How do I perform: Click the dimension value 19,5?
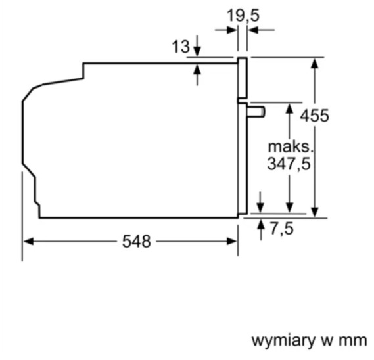click(243, 16)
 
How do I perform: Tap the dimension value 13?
click(181, 46)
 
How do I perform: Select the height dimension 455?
click(314, 116)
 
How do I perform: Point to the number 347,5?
click(289, 164)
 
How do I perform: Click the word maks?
click(290, 147)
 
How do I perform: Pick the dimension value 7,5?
click(282, 229)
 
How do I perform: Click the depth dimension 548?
click(137, 241)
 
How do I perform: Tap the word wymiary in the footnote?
click(283, 340)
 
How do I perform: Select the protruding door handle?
click(256, 112)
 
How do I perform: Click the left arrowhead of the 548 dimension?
click(28, 241)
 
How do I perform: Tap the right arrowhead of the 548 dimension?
click(231, 241)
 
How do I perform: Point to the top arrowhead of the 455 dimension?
click(315, 63)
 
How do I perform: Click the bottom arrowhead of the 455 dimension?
click(315, 212)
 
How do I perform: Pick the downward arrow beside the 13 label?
click(197, 46)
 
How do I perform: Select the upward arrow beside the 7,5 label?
click(261, 230)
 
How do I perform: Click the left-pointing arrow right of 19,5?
click(262, 30)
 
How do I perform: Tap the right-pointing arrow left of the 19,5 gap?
click(226, 30)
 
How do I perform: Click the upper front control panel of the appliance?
click(242, 78)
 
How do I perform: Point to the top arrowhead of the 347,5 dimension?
click(290, 108)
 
